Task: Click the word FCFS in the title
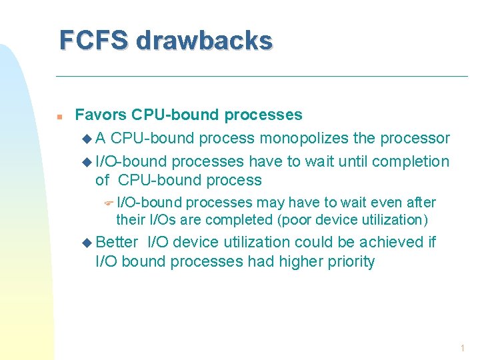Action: (x=93, y=41)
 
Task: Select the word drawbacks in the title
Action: (x=204, y=41)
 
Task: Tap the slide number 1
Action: (x=461, y=349)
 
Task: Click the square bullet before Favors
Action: (x=59, y=116)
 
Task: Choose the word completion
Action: (x=411, y=161)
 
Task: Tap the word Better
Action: (x=117, y=242)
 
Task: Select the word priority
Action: (x=349, y=261)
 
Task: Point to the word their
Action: (x=131, y=219)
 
